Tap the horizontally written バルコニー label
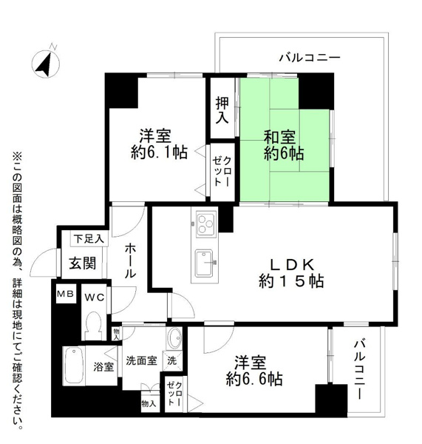coord(309,57)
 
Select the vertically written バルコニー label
coord(360,370)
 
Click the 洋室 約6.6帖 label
coord(253,370)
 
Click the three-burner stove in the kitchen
coord(205,221)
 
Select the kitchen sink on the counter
coord(204,260)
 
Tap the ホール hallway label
coord(129,260)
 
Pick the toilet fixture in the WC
coord(94,324)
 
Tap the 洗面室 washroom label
coord(140,362)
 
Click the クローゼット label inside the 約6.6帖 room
coord(176,392)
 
